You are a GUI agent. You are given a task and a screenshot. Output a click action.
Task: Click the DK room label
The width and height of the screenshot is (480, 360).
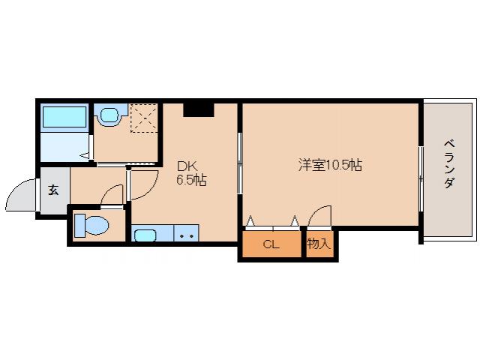187,166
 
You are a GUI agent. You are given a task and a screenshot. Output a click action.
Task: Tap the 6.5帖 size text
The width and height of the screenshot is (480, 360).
191,181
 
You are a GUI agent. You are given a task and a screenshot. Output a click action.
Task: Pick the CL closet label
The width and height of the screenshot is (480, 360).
271,244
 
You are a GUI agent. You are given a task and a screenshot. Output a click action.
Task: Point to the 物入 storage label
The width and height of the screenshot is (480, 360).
319,244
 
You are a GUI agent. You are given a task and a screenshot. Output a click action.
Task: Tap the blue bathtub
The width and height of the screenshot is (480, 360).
65,118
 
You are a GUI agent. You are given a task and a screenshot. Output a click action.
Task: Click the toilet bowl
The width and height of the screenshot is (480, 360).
93,224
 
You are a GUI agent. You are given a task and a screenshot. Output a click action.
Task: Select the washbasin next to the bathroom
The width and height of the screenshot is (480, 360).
109,116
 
